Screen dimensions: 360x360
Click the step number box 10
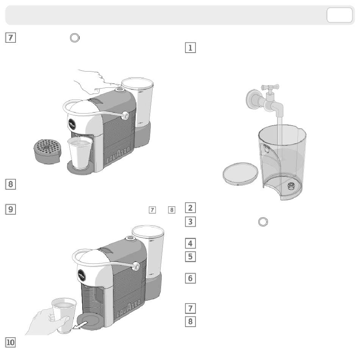[x=10, y=342]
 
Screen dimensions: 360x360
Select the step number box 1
[x=190, y=48]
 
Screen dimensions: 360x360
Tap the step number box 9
[x=10, y=209]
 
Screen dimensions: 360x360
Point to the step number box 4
[x=190, y=243]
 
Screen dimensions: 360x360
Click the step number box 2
[x=190, y=207]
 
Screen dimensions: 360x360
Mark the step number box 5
[x=190, y=256]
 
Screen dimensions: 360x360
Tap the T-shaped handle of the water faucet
[x=270, y=87]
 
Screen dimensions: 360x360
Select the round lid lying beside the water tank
[x=240, y=173]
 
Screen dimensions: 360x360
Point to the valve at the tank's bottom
[x=291, y=185]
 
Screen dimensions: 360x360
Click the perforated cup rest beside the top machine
[x=48, y=151]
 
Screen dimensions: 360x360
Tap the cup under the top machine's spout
[x=80, y=153]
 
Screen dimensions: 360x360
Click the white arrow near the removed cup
[x=80, y=326]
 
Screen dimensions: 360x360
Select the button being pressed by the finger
[x=119, y=89]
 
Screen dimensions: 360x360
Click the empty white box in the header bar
[x=340, y=15]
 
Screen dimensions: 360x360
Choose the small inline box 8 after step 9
[x=172, y=210]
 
